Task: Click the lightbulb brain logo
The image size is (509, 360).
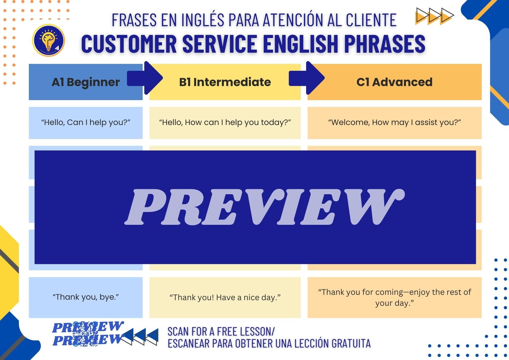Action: point(49,40)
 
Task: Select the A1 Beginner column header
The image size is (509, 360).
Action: point(86,82)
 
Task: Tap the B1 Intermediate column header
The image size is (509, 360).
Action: point(225,82)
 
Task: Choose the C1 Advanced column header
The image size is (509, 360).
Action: point(394,82)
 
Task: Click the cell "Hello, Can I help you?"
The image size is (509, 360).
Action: point(86,123)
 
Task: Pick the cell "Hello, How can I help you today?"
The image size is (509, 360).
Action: point(225,123)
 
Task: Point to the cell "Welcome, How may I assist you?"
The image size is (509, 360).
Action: point(394,123)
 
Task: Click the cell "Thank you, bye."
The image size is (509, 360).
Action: point(86,297)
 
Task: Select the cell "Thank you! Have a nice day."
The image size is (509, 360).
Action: point(225,297)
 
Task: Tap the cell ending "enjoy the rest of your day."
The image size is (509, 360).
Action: point(394,297)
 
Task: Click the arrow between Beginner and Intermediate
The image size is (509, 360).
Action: point(145,78)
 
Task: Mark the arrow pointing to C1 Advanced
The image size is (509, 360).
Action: point(306,78)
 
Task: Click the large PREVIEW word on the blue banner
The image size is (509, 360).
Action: point(264,207)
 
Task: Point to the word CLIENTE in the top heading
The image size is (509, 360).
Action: point(371,20)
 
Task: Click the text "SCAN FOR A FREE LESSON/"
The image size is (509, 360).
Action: point(221,331)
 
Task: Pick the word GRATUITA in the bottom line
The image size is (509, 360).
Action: point(351,343)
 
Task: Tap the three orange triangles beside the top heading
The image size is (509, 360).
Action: point(434,16)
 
